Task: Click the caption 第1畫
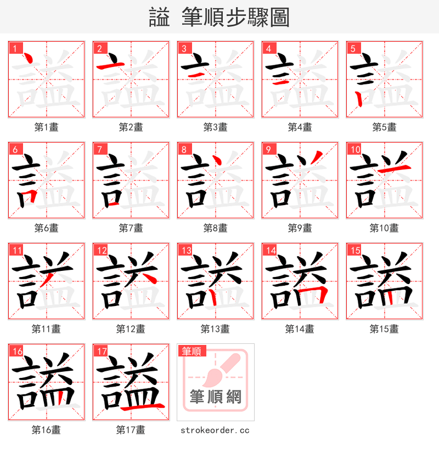tap(46, 127)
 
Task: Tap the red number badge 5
tap(353, 48)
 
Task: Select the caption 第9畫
tap(300, 228)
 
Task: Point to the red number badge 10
tap(355, 149)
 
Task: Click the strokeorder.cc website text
tap(215, 431)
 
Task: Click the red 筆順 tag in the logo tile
tap(192, 351)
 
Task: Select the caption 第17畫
tap(131, 431)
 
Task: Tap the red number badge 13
tap(186, 251)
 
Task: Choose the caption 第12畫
tap(131, 329)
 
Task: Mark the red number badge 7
tap(99, 149)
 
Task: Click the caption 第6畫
tap(46, 228)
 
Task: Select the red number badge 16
tap(17, 352)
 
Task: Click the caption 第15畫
tap(384, 329)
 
